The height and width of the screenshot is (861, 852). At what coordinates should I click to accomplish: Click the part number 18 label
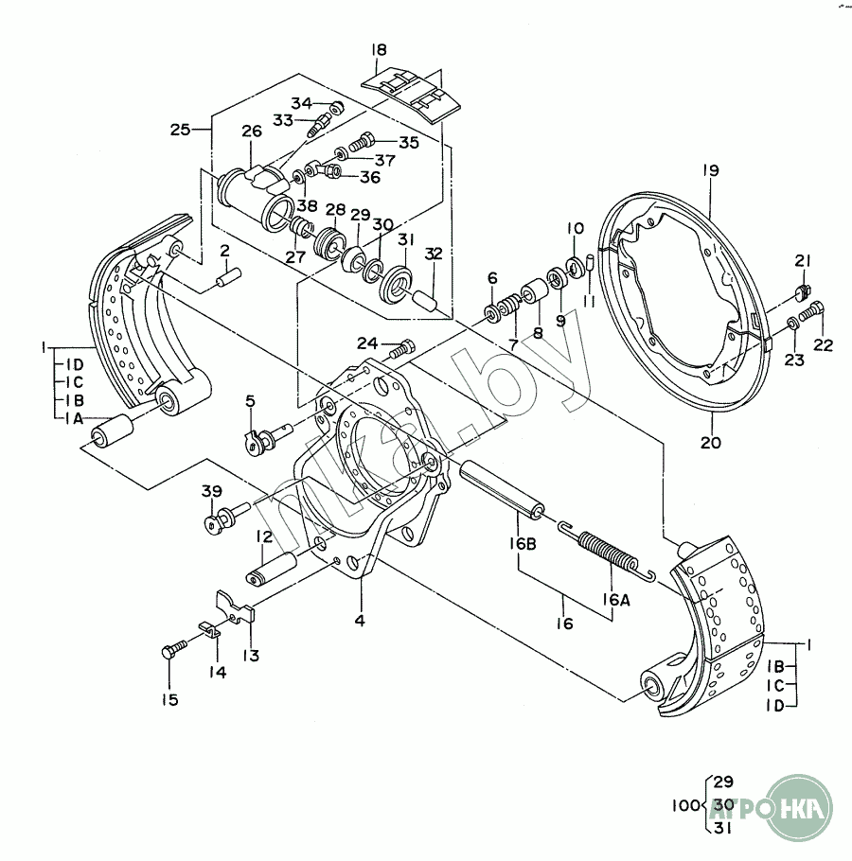(x=379, y=50)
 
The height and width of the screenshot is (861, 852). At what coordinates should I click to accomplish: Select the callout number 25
(x=180, y=131)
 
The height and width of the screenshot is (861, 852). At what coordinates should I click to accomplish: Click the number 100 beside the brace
(x=686, y=805)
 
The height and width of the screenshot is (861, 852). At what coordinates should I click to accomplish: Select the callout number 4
(x=360, y=621)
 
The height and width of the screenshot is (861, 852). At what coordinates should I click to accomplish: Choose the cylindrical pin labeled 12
(x=272, y=569)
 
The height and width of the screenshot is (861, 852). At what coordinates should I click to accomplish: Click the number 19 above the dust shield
(x=710, y=170)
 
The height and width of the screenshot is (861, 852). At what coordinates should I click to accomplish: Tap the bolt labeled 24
(x=402, y=349)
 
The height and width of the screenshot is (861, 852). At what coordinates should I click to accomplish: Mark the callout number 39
(x=211, y=491)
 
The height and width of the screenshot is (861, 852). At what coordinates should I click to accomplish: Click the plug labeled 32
(x=426, y=301)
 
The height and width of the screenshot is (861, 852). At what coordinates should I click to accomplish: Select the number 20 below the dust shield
(x=710, y=443)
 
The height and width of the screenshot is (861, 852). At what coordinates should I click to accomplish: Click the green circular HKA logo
(x=799, y=807)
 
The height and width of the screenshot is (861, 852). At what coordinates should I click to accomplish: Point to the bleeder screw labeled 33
(x=320, y=126)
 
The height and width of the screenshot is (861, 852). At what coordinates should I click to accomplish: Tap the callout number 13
(x=251, y=655)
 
